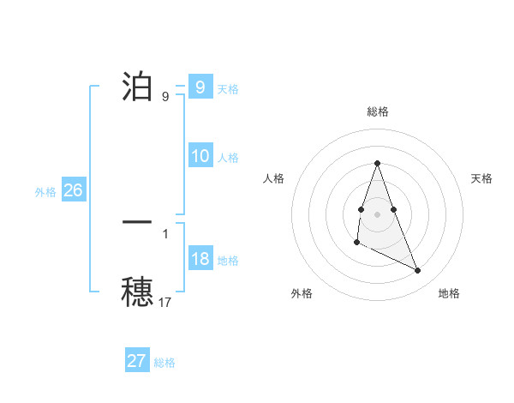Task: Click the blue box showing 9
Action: click(200, 87)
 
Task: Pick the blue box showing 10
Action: click(200, 156)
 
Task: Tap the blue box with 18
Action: click(200, 260)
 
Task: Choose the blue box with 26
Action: click(73, 190)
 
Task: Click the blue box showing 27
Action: click(137, 361)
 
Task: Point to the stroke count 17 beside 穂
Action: click(165, 301)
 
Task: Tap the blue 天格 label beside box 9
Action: click(228, 88)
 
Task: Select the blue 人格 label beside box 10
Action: click(228, 157)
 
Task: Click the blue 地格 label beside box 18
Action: click(228, 261)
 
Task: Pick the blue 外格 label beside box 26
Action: click(45, 192)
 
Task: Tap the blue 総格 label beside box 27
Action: click(164, 363)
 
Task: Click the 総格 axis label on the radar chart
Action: click(377, 111)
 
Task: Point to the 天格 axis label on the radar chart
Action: click(482, 178)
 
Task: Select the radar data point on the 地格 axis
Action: click(418, 270)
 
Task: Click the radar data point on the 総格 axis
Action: click(377, 163)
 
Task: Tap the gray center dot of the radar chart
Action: click(377, 213)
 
